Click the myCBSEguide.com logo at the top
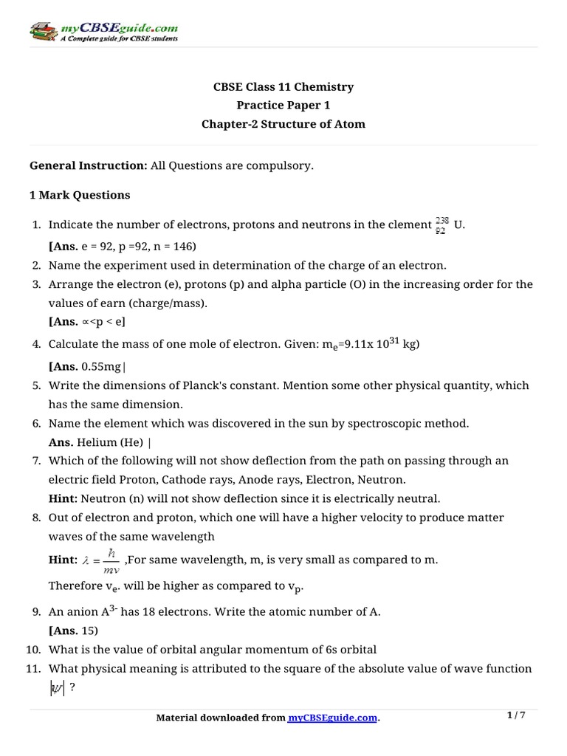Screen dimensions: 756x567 tap(104, 32)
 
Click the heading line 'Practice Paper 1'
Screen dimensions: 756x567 tap(283, 106)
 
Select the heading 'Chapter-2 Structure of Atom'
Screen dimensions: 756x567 tap(283, 124)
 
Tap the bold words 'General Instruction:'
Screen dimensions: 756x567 tap(89, 166)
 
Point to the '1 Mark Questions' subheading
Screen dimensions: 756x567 tap(80, 196)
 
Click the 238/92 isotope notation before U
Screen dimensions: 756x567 tap(442, 225)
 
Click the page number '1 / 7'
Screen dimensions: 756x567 tap(517, 715)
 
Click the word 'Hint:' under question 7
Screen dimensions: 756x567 tap(63, 498)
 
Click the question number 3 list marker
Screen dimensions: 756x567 tap(38, 284)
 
